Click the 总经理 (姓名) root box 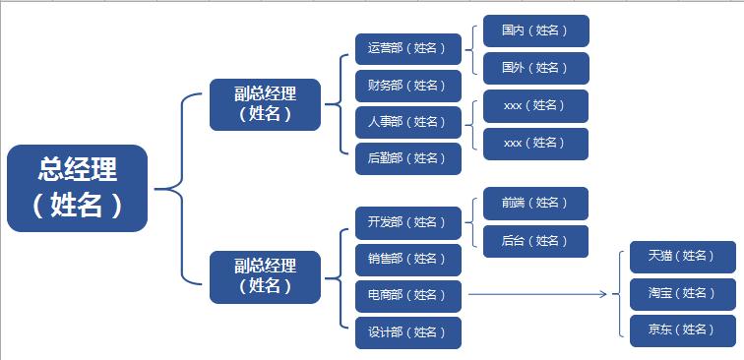click(x=77, y=188)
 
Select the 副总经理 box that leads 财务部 click(x=265, y=104)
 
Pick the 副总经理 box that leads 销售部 click(x=265, y=276)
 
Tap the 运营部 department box click(x=407, y=48)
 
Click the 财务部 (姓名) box click(x=407, y=86)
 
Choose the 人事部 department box click(x=407, y=122)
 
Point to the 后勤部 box click(x=407, y=158)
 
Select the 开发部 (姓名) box click(x=407, y=222)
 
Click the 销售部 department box click(x=407, y=259)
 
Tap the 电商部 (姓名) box click(x=407, y=294)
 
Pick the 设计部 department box click(x=407, y=331)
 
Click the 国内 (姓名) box click(x=535, y=30)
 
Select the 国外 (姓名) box click(x=535, y=68)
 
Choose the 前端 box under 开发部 click(x=535, y=203)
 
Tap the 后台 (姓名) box click(x=535, y=241)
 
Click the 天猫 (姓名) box click(x=682, y=256)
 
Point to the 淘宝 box click(x=682, y=293)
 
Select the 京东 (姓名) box click(x=682, y=330)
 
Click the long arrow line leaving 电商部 click(x=531, y=293)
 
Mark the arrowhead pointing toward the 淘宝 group click(x=601, y=293)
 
